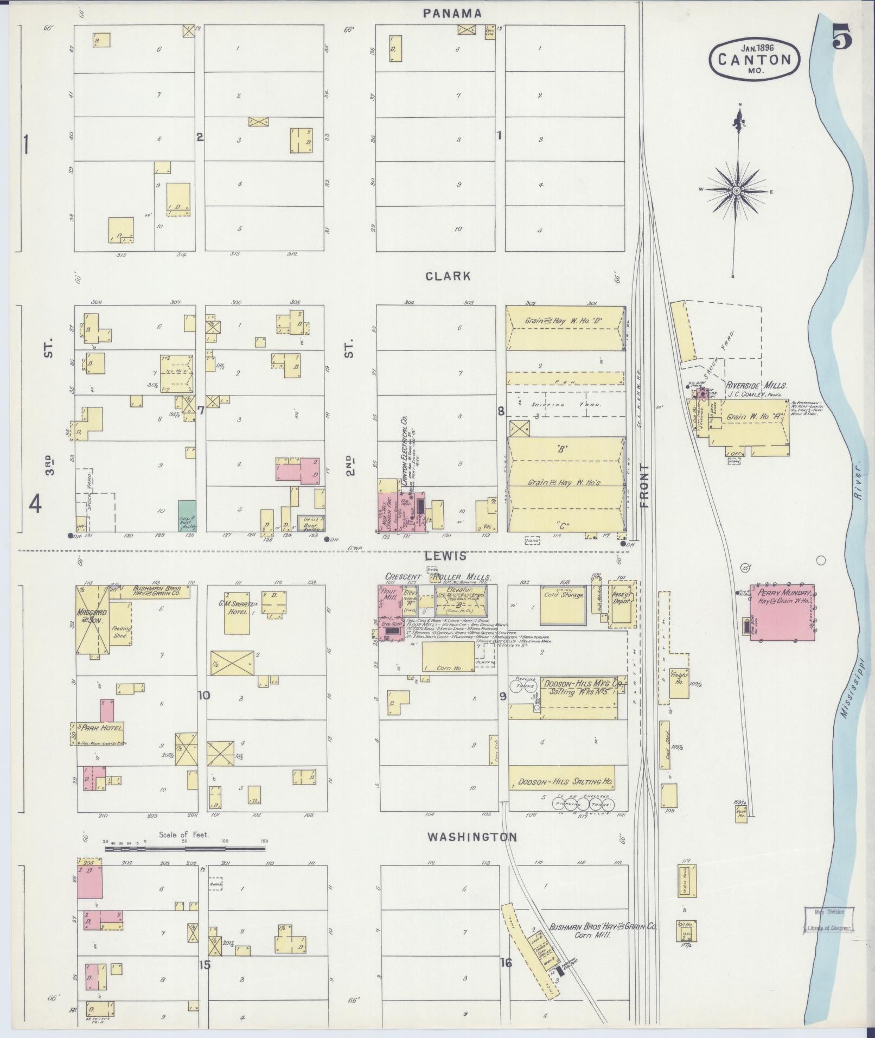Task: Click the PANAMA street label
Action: click(x=452, y=14)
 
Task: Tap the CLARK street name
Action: click(x=448, y=276)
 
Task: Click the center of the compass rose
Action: click(x=736, y=190)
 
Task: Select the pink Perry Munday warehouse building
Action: click(x=782, y=613)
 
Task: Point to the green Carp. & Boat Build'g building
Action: click(x=187, y=516)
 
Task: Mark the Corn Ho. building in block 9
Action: click(x=449, y=658)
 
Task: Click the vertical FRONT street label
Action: click(x=644, y=486)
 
